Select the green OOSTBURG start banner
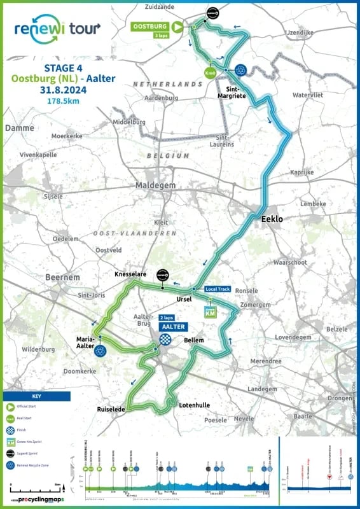(151, 26)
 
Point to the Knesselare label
(130, 274)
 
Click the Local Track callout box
(218, 289)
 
